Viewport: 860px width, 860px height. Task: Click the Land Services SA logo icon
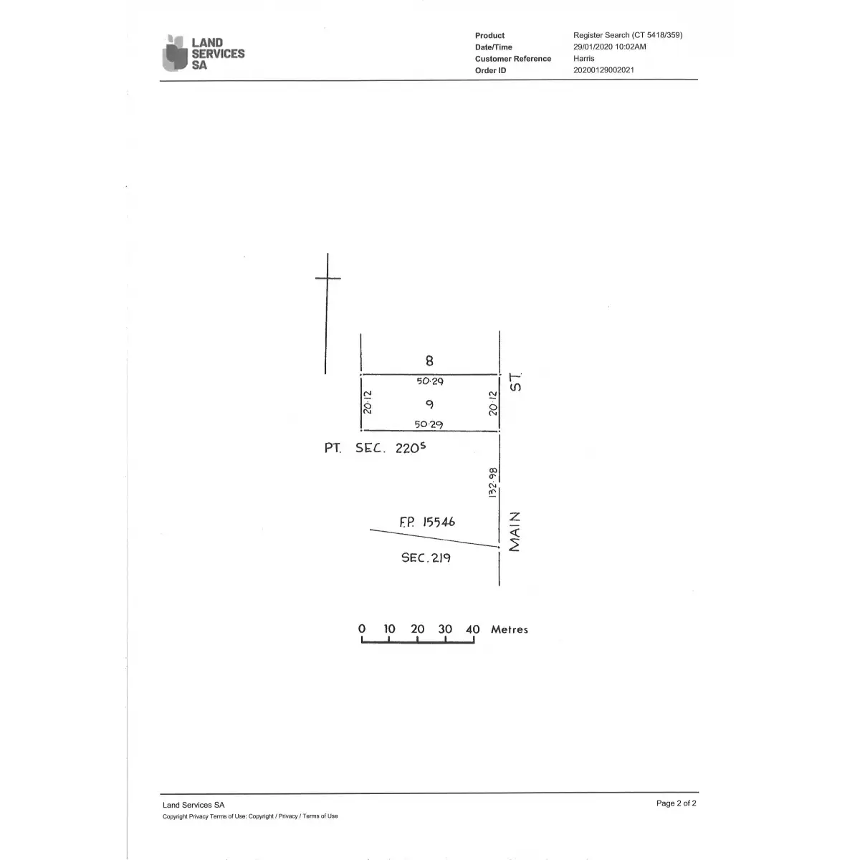point(174,52)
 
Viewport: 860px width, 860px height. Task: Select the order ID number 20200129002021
point(603,70)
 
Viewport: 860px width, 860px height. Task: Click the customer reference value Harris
point(584,59)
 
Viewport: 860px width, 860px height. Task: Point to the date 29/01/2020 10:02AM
point(610,47)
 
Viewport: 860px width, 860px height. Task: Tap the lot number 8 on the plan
point(429,360)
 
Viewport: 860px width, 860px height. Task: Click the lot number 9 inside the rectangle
point(429,404)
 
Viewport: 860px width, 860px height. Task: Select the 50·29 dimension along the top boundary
point(430,381)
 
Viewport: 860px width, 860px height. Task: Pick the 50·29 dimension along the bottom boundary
point(429,424)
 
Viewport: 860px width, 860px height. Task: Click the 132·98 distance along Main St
point(492,482)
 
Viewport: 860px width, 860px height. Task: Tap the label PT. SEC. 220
point(375,448)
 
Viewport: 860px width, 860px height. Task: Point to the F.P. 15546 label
point(427,522)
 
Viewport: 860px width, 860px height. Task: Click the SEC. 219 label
point(426,558)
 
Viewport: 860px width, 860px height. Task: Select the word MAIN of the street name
point(515,532)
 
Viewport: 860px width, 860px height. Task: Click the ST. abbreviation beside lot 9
point(515,383)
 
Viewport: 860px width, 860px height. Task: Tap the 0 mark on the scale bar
point(362,629)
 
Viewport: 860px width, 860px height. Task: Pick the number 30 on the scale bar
point(445,629)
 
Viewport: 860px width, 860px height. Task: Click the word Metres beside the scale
point(510,629)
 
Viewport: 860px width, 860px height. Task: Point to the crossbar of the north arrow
point(328,278)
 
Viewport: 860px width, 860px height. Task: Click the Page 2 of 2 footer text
point(676,803)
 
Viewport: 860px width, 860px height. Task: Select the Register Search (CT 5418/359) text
point(628,35)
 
